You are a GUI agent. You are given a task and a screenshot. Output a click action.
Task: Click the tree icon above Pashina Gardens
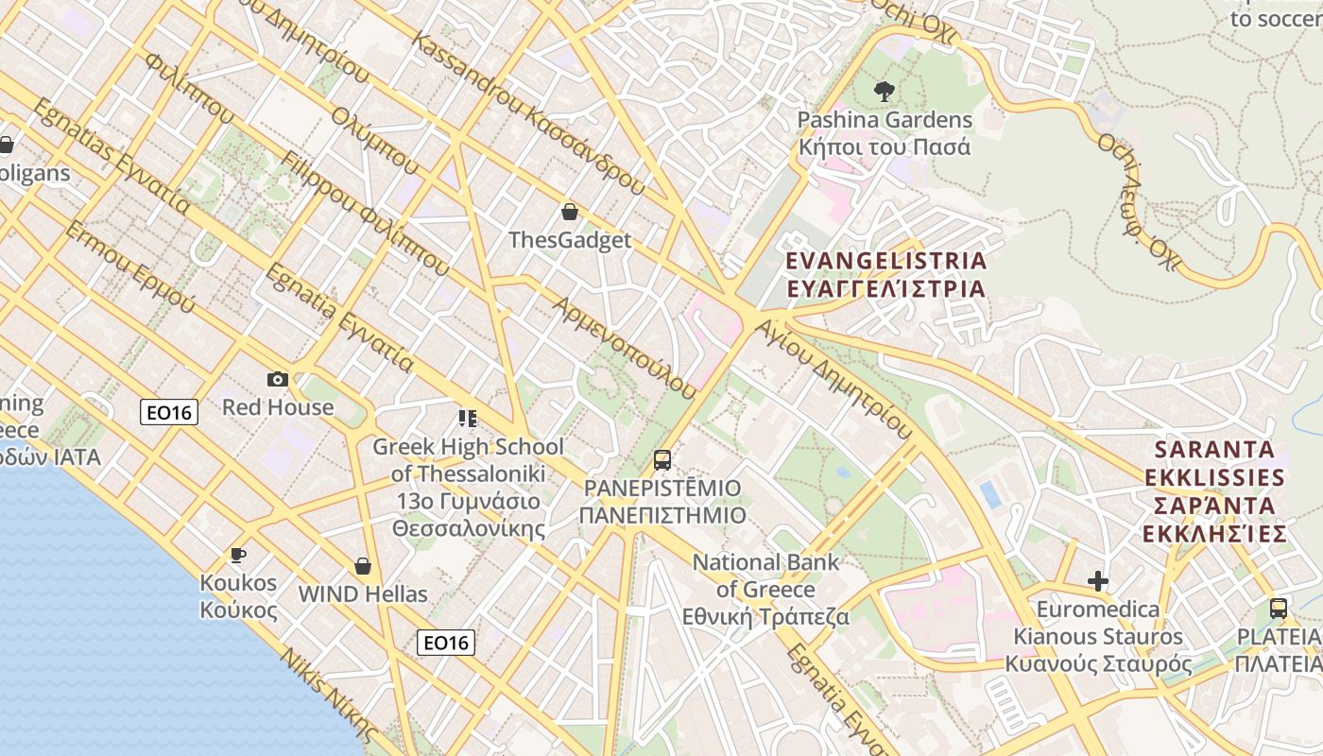(x=885, y=91)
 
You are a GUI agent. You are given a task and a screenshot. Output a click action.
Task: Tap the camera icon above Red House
(x=278, y=379)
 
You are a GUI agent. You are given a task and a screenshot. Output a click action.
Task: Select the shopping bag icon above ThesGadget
(x=570, y=212)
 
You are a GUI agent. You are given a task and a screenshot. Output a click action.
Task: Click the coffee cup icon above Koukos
(x=238, y=555)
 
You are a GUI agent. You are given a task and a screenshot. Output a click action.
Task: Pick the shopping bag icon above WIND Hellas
(x=363, y=566)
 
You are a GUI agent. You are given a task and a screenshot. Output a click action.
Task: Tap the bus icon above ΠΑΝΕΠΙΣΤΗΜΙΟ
(x=662, y=460)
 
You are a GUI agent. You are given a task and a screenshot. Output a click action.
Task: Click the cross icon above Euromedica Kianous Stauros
(x=1098, y=580)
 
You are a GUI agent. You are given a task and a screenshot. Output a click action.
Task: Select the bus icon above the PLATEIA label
(x=1279, y=609)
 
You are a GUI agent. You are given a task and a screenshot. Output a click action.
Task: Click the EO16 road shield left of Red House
(x=169, y=412)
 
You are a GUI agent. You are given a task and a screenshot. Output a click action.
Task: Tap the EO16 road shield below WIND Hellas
(x=446, y=643)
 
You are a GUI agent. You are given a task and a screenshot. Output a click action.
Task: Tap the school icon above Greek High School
(x=467, y=417)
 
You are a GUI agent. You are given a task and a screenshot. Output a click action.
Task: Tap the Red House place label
(x=278, y=407)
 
